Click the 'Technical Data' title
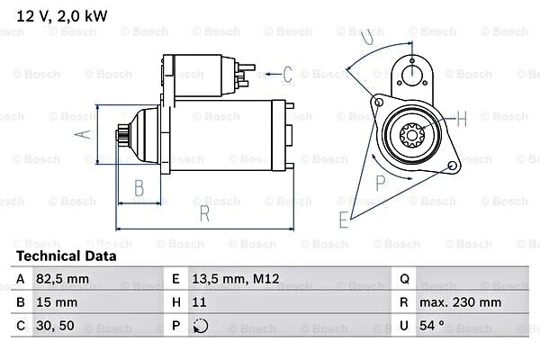tap(66, 256)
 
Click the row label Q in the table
tap(403, 280)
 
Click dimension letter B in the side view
tap(139, 188)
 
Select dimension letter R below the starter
tap(204, 214)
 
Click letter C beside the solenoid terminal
tap(288, 73)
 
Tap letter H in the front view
tap(462, 118)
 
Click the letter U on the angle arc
tap(365, 37)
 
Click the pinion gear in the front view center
tap(411, 137)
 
